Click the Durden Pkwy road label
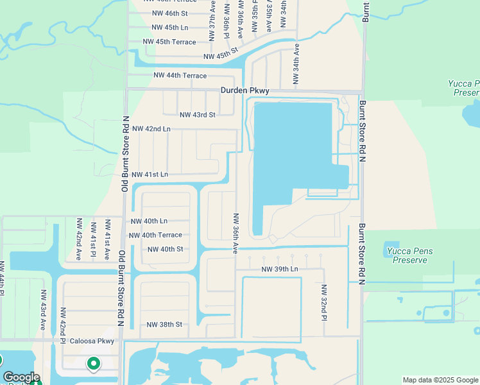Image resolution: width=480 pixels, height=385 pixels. coord(244,91)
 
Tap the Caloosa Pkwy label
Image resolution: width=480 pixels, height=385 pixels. coord(92,341)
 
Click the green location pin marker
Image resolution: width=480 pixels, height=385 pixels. coord(94,364)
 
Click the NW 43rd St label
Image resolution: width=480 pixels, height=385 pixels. coord(197,115)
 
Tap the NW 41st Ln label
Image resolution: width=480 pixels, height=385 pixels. coord(150,175)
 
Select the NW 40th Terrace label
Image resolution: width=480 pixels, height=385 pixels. coord(155,235)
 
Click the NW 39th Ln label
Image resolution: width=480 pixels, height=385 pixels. coord(280,269)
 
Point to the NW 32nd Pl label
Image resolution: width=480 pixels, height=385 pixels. coord(325,303)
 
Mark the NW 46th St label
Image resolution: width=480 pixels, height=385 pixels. coord(169,13)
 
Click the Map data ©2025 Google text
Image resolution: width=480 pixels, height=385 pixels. coord(440,380)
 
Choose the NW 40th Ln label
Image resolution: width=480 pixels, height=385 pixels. coord(149,221)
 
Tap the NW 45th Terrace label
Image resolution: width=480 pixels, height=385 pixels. coord(169,42)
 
